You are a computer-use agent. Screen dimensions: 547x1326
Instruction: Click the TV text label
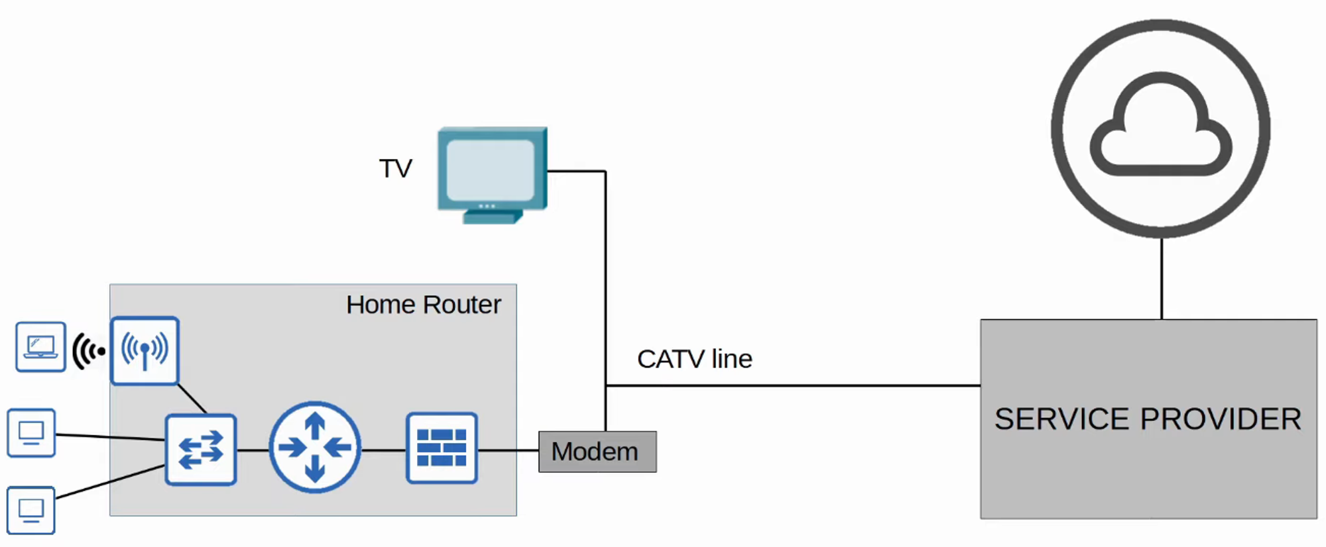(395, 169)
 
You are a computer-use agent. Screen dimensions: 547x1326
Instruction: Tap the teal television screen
(491, 170)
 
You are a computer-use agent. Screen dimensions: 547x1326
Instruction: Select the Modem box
(597, 452)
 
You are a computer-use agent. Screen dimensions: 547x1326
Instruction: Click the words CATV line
(694, 359)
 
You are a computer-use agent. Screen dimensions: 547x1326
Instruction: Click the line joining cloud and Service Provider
(1162, 278)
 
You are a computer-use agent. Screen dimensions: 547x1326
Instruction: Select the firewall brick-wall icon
(442, 448)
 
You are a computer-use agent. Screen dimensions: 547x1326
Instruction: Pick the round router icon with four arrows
(315, 448)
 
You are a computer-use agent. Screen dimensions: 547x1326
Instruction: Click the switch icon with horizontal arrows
(201, 450)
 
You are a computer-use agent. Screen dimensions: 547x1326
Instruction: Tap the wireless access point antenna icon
(145, 350)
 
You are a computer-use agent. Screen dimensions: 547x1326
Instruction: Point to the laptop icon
(40, 346)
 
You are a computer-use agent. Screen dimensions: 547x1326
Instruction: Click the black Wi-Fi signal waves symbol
(88, 351)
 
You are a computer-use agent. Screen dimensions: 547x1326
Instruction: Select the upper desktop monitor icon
(31, 433)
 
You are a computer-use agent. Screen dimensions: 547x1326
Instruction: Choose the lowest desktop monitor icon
(31, 510)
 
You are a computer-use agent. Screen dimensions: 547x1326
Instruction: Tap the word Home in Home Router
(381, 305)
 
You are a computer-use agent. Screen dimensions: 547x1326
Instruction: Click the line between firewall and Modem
(508, 450)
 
